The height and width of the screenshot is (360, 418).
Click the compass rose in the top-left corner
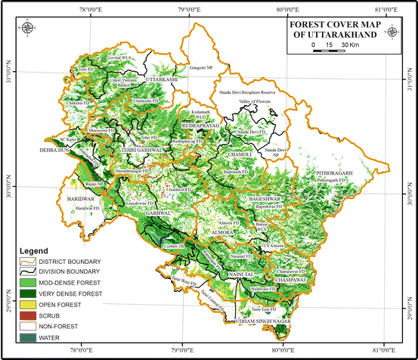click(x=29, y=28)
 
